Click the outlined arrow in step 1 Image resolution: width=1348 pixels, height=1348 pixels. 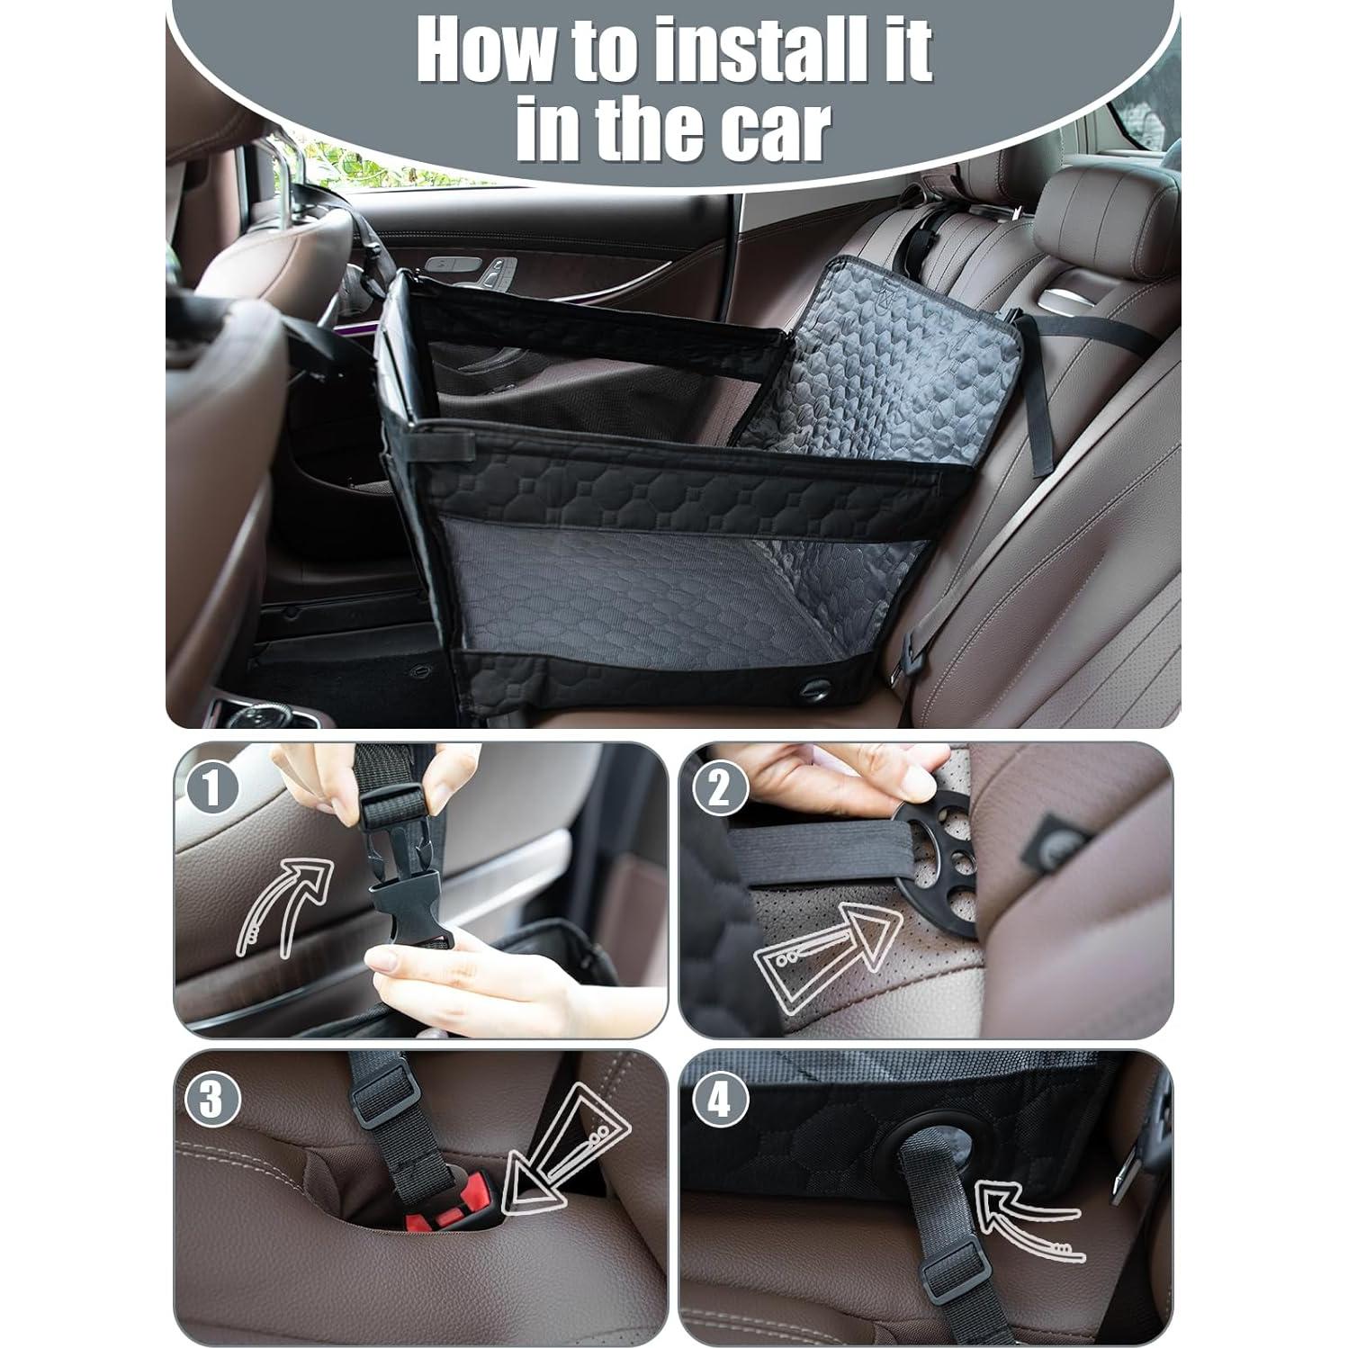pos(283,904)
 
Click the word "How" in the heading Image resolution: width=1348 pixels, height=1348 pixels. pos(481,51)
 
